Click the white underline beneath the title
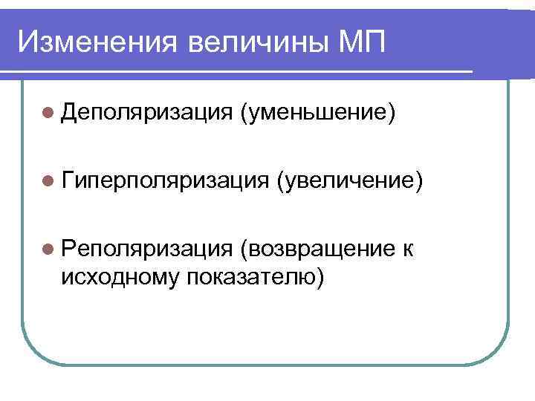[x=238, y=71]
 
